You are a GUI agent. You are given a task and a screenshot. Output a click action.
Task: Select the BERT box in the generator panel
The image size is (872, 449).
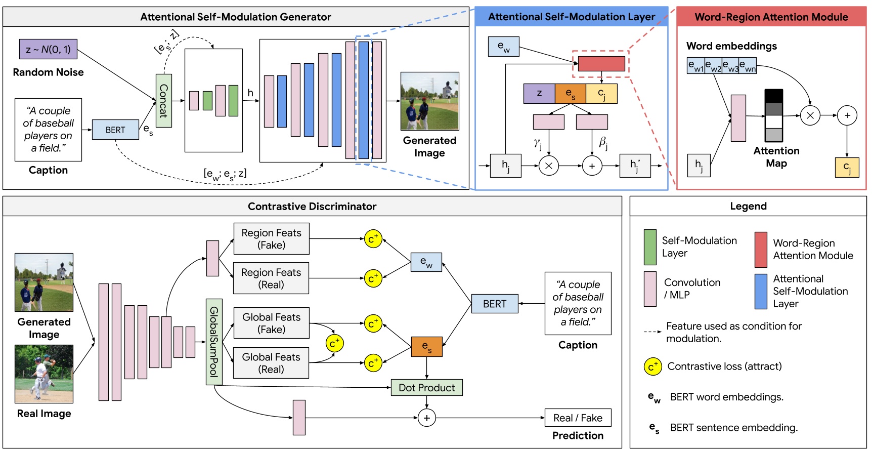[115, 130]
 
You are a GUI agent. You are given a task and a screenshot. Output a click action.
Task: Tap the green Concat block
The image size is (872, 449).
[163, 101]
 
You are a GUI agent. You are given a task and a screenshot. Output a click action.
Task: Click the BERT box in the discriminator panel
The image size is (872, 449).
[494, 304]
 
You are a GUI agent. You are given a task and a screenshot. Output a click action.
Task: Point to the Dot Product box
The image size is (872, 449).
[426, 388]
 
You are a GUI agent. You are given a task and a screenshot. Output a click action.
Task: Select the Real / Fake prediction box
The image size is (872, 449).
[578, 418]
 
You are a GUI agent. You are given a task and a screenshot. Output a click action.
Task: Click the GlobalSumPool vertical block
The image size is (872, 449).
[214, 342]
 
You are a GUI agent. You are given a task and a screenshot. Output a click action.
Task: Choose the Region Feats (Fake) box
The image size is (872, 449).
[271, 239]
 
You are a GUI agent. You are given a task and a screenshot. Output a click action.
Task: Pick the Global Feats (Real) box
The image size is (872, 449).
[271, 363]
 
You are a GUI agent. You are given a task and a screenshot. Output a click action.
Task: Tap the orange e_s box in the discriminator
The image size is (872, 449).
[426, 347]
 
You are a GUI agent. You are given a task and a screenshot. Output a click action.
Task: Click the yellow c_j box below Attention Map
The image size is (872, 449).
[846, 167]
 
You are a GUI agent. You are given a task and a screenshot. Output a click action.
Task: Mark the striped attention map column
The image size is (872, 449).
[773, 115]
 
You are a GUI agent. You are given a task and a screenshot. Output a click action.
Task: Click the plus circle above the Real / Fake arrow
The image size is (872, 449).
[426, 418]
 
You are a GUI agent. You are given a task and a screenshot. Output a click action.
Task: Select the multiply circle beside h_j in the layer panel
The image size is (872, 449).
[548, 166]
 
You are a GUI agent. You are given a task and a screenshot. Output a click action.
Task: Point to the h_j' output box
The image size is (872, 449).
[635, 166]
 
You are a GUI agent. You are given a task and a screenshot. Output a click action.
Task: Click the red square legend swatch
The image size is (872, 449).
[761, 250]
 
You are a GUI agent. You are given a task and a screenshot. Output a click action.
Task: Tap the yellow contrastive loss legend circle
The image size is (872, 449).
[652, 366]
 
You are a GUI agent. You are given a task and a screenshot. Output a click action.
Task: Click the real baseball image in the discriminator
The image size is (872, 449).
[44, 374]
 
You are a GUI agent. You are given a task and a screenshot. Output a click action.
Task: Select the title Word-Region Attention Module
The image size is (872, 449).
[771, 17]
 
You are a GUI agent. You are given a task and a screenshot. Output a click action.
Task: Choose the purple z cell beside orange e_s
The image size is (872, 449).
[539, 93]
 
